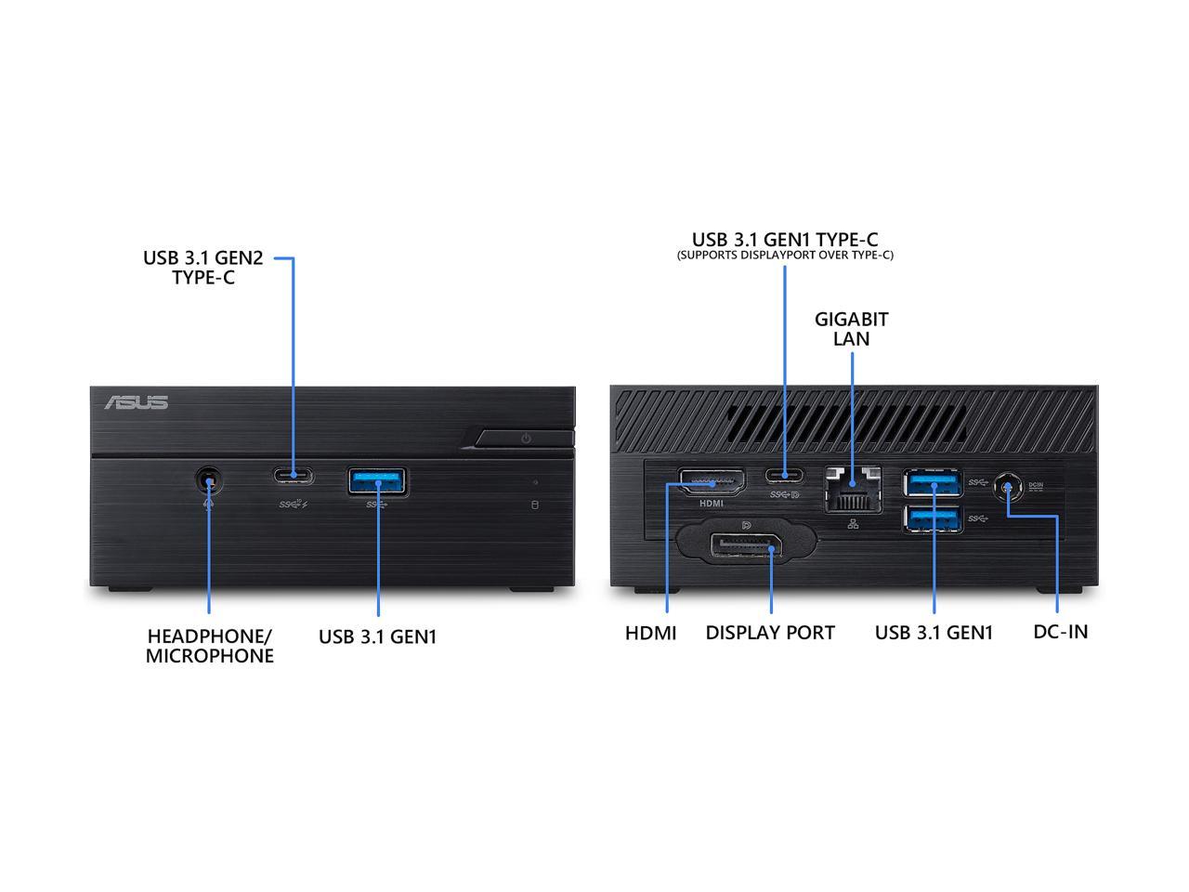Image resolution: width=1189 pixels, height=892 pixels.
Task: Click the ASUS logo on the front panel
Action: click(136, 401)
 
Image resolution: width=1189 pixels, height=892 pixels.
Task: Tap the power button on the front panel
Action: click(524, 439)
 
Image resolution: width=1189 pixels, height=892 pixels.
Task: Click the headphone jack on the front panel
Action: click(209, 480)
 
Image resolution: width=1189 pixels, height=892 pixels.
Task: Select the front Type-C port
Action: click(293, 476)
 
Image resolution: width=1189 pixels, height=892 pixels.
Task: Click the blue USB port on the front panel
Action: click(377, 481)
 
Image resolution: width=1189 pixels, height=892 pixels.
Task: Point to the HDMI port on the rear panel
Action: click(712, 481)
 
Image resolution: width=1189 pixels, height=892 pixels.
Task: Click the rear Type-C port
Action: click(785, 476)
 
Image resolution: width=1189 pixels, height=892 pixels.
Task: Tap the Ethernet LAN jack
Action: click(853, 489)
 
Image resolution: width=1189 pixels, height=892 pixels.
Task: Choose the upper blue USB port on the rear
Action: click(933, 483)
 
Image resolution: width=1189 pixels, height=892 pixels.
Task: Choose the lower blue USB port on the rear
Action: click(933, 518)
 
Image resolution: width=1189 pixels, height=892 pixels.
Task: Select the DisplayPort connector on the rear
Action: click(747, 546)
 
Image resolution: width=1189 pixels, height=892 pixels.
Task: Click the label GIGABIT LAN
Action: click(852, 329)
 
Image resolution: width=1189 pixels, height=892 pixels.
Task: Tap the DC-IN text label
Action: click(1061, 632)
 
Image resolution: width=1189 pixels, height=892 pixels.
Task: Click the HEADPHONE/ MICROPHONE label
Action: click(210, 646)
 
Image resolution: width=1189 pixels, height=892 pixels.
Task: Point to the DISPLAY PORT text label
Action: click(770, 633)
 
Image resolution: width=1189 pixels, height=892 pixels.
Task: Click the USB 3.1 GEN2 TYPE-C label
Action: click(203, 268)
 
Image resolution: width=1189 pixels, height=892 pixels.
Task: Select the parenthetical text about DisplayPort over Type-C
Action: click(785, 256)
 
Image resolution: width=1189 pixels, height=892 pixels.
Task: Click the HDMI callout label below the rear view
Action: click(650, 633)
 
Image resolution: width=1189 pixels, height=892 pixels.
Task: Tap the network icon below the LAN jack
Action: click(853, 524)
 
